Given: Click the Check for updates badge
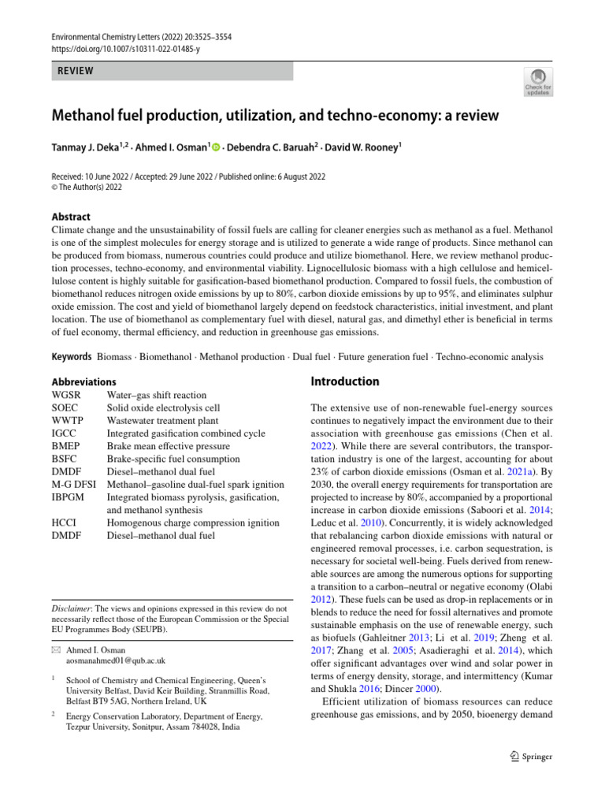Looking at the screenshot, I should (x=538, y=81).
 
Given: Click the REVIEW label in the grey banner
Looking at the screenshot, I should (x=75, y=71).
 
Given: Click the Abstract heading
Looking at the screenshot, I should (x=71, y=217).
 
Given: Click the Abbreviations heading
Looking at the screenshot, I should (x=84, y=381).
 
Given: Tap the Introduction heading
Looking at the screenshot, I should (x=345, y=381).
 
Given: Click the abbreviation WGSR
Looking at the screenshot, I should (x=67, y=395).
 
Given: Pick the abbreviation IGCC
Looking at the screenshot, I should (x=65, y=433).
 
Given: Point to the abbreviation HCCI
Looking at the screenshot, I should (x=65, y=523).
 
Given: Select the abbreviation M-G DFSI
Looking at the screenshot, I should (x=75, y=485).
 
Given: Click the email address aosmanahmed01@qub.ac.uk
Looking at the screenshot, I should (x=115, y=660).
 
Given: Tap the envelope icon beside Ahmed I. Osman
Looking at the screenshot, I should (x=54, y=649).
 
